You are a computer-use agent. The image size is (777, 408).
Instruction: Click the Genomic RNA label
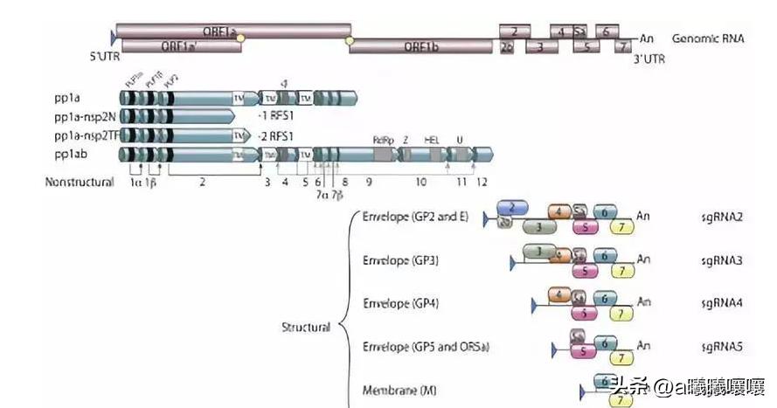(708, 38)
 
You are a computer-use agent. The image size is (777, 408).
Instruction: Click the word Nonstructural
(80, 183)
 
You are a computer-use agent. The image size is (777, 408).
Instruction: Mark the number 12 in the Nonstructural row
(482, 182)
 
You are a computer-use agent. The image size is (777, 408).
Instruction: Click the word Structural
(305, 327)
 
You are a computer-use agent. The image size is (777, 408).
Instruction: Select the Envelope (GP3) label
(400, 260)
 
